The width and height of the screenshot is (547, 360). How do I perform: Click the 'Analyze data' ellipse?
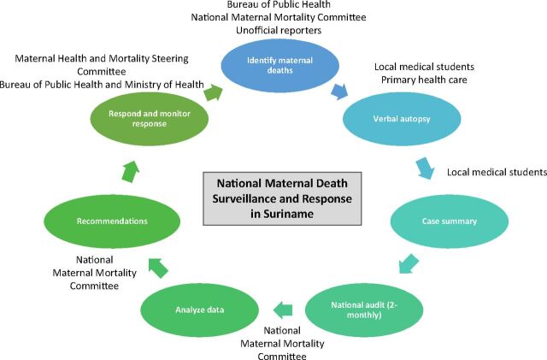coord(205,309)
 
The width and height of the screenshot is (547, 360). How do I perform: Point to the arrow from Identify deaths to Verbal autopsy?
coord(339,89)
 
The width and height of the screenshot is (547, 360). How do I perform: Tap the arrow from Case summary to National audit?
coord(409,263)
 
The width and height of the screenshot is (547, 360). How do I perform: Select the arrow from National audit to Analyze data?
coord(283,308)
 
